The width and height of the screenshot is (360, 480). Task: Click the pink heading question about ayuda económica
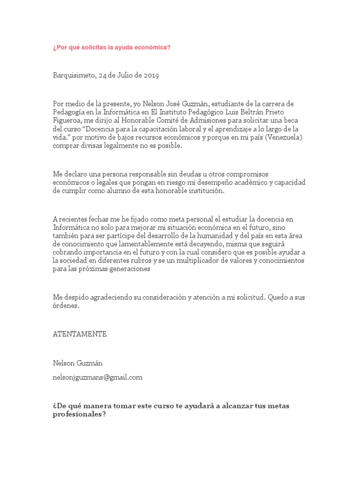[112, 47]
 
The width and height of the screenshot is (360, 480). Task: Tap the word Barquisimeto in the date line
[73, 76]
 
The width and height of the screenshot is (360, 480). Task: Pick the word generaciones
[128, 269]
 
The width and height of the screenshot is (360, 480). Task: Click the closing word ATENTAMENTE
[80, 334]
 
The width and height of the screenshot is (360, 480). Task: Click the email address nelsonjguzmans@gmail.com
[98, 376]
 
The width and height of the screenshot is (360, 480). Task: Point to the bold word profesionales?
[79, 415]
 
